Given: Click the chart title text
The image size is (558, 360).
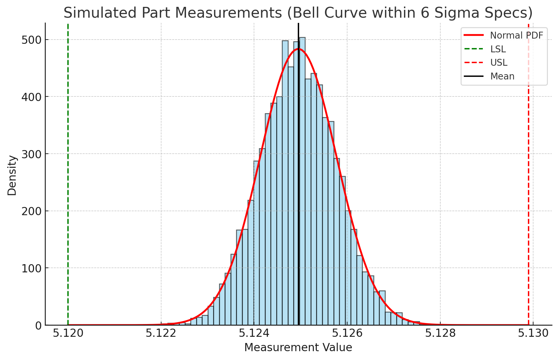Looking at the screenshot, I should pyautogui.click(x=298, y=13).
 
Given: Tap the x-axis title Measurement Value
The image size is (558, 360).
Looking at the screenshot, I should pyautogui.click(x=298, y=348).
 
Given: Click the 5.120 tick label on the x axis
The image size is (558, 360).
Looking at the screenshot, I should pyautogui.click(x=68, y=334).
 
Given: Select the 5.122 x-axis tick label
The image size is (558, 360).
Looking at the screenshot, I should pyautogui.click(x=161, y=334).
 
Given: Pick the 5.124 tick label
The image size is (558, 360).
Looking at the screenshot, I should pyautogui.click(x=254, y=334).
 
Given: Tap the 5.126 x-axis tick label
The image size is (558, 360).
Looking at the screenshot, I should pyautogui.click(x=347, y=334).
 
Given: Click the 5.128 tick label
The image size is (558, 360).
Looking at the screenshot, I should pyautogui.click(x=440, y=334).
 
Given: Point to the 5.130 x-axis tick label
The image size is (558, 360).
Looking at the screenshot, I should pyautogui.click(x=533, y=334).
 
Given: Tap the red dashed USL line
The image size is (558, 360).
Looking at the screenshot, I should pyautogui.click(x=529, y=196).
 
